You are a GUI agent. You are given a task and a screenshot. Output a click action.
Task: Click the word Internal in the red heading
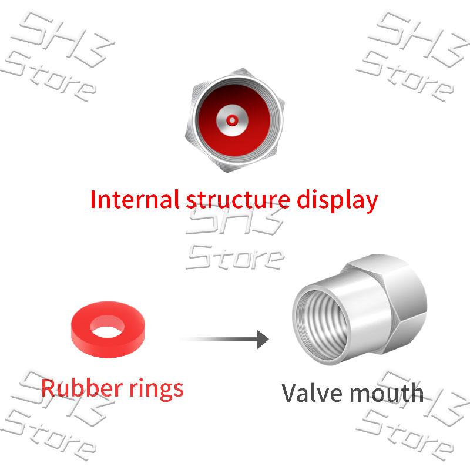pos(135,199)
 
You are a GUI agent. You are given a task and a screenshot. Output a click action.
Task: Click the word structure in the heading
pos(238,200)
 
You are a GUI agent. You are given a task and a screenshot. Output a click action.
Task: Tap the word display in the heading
pos(337,201)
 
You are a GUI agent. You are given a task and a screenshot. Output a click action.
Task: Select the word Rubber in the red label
pos(82,388)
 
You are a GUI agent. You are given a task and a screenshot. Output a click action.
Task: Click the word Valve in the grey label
pos(312,393)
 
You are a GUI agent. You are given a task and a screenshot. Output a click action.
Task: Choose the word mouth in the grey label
pos(387,393)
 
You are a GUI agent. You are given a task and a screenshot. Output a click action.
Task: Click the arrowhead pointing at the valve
pos(263,340)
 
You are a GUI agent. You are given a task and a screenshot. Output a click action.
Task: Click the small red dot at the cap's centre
pos(232,120)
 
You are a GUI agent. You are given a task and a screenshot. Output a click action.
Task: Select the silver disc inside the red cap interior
pos(232,120)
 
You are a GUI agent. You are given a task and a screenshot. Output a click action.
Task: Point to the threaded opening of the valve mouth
pos(321,324)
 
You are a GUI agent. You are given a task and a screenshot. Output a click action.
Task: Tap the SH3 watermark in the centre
pos(235,220)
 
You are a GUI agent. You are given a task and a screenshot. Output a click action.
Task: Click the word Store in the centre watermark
pos(235,257)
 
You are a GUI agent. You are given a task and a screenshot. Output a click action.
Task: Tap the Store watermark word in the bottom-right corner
pos(405,435)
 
